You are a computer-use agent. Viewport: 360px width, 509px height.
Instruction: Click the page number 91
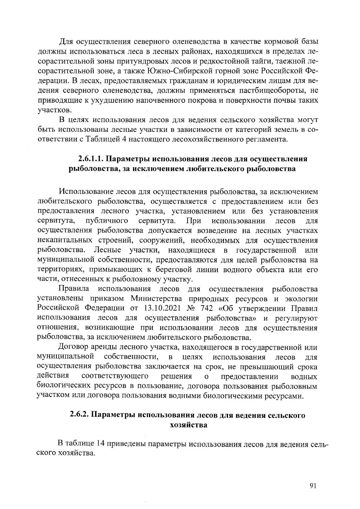313,486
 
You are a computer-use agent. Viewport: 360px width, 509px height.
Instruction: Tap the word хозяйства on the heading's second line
188,425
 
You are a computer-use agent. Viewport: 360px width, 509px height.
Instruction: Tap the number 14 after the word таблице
100,443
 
